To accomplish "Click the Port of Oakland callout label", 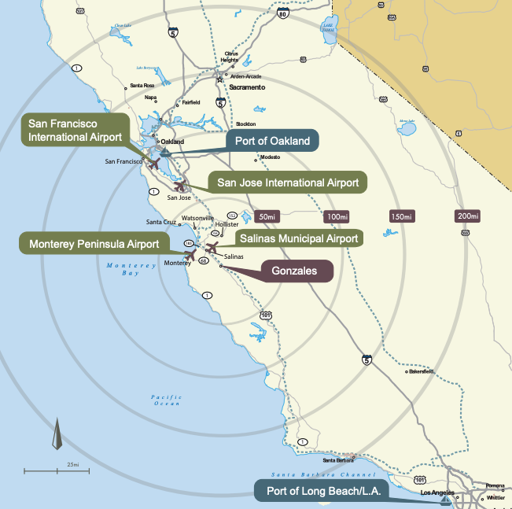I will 273,142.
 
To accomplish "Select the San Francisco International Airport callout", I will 75,130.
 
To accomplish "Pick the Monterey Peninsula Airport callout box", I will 94,243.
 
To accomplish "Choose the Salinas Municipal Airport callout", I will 298,238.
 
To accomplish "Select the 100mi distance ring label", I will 336,216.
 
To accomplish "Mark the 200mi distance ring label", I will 468,216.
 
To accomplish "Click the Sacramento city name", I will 247,87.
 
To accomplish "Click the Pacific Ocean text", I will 167,400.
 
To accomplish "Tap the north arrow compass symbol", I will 57,435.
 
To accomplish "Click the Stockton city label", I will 245,124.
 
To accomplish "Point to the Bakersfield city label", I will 422,372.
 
